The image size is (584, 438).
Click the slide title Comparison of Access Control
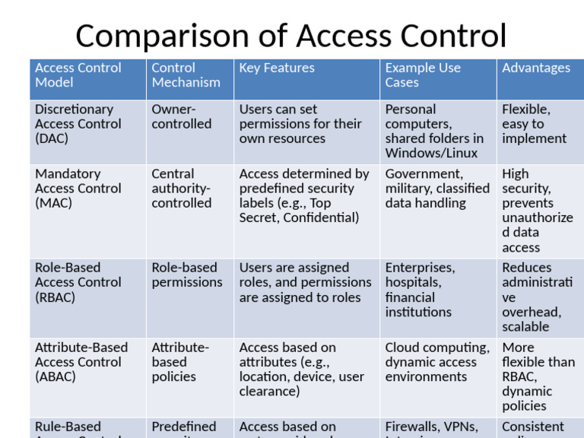[290, 36]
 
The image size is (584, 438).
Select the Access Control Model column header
[78, 75]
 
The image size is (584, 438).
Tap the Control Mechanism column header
[186, 75]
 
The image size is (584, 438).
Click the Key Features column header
[277, 68]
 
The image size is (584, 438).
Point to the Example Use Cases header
[423, 75]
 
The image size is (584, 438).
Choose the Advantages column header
[535, 68]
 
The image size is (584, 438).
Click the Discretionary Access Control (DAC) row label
[78, 124]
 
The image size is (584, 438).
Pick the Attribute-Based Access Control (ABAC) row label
[81, 362]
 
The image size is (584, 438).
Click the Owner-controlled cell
[181, 117]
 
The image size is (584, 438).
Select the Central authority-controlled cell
[182, 189]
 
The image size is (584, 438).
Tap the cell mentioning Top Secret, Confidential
[303, 196]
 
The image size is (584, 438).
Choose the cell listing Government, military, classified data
[436, 189]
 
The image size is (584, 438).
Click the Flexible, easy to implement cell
[534, 124]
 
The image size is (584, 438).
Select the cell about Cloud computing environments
[436, 362]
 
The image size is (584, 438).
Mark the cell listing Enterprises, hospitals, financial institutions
[420, 290]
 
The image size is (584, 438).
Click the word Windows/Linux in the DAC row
[431, 153]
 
